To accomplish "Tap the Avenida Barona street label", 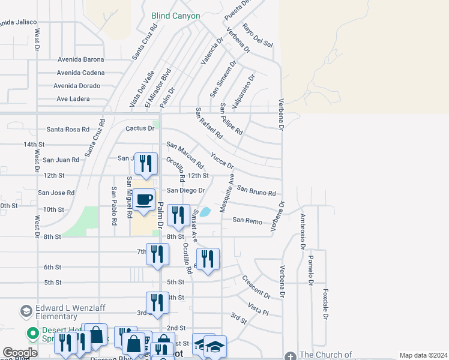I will tap(80, 59).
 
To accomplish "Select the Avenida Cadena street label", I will tap(80, 73).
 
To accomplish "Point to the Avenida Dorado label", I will tap(78, 86).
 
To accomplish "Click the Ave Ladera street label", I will tap(73, 99).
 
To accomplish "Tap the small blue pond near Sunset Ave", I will tap(205, 212).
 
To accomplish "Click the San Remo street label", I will tap(247, 221).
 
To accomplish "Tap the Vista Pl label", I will tap(258, 310).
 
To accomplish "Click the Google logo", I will tap(20, 353).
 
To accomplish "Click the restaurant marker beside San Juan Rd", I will tap(146, 163).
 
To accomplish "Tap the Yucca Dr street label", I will tap(221, 160).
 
